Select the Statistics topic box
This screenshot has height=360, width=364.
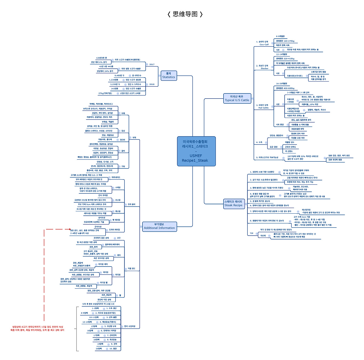click(x=169, y=75)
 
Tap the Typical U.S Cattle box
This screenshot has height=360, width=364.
click(x=237, y=98)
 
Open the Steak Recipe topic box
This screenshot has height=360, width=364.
click(x=234, y=203)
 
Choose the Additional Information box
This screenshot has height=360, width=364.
click(x=159, y=226)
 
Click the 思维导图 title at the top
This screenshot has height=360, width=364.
click(x=185, y=14)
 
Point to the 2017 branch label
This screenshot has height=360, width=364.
click(x=152, y=64)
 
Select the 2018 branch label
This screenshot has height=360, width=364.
click(x=152, y=84)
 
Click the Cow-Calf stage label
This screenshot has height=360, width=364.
click(x=264, y=45)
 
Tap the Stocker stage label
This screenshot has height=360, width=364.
click(x=264, y=68)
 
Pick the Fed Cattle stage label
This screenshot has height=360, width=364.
click(x=263, y=108)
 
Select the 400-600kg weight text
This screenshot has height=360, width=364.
click(x=285, y=88)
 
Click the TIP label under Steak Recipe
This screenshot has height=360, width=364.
click(x=251, y=233)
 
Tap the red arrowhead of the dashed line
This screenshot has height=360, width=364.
click(x=70, y=229)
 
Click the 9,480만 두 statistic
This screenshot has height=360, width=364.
click(x=119, y=76)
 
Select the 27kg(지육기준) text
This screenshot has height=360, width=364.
click(x=105, y=93)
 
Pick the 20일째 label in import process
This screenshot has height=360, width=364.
click(x=99, y=349)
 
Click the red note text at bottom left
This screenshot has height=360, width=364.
click(x=37, y=328)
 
